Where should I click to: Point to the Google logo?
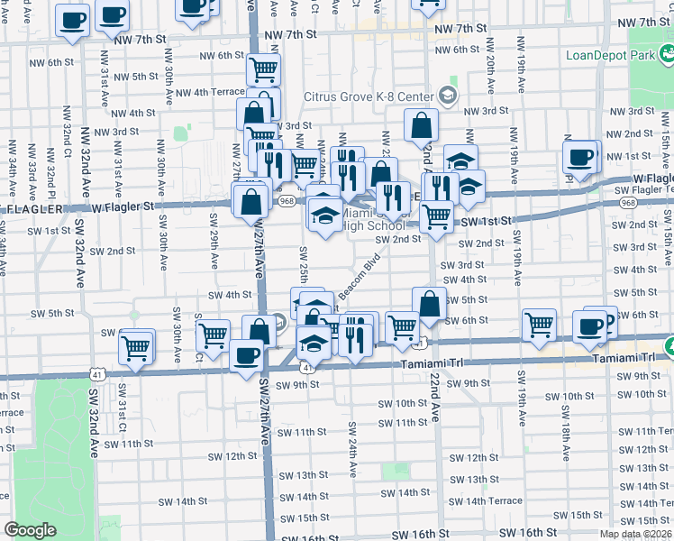click(30, 530)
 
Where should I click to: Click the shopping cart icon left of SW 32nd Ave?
click(136, 345)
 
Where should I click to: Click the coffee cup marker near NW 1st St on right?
click(580, 157)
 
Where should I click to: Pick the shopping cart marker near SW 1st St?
click(437, 216)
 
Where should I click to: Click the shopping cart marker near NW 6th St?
click(262, 69)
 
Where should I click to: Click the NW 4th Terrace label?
click(209, 92)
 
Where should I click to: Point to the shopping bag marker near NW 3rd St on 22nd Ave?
click(421, 126)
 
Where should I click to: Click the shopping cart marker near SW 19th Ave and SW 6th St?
click(539, 325)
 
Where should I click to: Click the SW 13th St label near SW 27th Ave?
click(303, 475)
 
